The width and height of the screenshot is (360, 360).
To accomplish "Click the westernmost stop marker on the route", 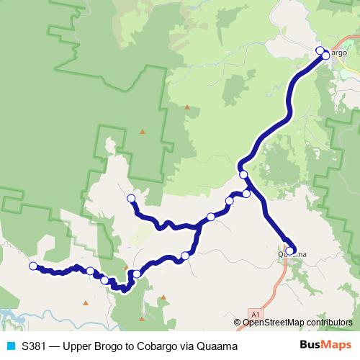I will coord(32,266).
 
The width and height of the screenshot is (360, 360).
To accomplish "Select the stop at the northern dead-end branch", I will coord(131,198).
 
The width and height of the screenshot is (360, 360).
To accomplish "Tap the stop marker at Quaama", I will coord(290,251).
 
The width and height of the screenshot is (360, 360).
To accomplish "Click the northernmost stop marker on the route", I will coord(320,50).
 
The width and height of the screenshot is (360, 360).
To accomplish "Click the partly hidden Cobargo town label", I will coord(337,53).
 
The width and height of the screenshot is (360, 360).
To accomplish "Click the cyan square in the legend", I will coord(10,346).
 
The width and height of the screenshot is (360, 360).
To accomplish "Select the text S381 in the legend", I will coord(35,346).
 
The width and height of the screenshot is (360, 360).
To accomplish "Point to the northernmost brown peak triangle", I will coord(187,107).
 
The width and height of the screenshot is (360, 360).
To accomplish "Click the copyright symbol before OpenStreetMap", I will coord(238,323).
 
